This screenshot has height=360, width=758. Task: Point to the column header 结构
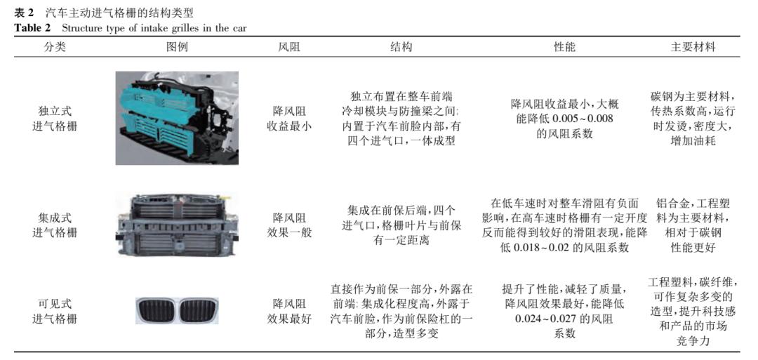coord(401,47)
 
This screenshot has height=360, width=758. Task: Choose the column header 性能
coord(564,47)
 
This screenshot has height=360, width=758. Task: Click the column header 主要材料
coord(693,47)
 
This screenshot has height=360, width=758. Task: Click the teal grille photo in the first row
coord(176,117)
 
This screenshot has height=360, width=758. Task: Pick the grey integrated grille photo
coord(176,223)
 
